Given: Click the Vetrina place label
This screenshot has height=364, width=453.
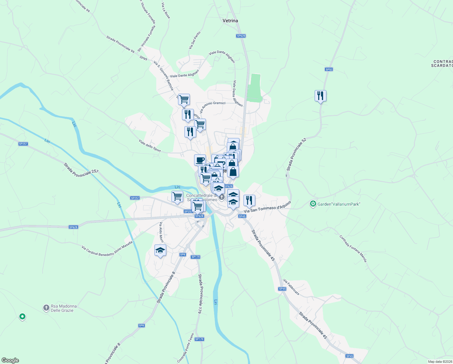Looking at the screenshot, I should [230, 21].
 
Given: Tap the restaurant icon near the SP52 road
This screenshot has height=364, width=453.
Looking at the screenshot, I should [320, 96].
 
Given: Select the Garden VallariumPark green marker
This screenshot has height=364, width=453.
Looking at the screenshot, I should [313, 204].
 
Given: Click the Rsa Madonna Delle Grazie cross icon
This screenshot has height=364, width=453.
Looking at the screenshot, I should [46, 308].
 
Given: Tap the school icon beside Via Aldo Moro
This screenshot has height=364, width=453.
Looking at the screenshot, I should [160, 251].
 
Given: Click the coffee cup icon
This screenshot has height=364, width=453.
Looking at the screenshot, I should [200, 160].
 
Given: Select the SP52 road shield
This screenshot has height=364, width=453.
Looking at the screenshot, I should [329, 69].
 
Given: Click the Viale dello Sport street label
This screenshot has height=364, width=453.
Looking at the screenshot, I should [150, 146].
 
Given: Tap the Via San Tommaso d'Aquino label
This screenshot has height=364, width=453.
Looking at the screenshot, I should [267, 207].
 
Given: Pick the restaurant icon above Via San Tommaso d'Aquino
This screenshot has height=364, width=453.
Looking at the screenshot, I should [249, 201].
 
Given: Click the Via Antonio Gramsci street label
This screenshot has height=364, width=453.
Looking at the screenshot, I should [212, 107].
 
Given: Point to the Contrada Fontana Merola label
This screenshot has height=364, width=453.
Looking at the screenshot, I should [353, 249].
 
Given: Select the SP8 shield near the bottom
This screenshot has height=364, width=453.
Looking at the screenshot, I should [141, 325].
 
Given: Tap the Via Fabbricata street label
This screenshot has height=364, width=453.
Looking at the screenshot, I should [291, 287].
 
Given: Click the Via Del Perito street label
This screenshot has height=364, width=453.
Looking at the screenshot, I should [194, 40].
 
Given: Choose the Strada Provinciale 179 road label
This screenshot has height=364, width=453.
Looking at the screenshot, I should [200, 294].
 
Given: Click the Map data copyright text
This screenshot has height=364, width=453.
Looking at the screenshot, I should [440, 362].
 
